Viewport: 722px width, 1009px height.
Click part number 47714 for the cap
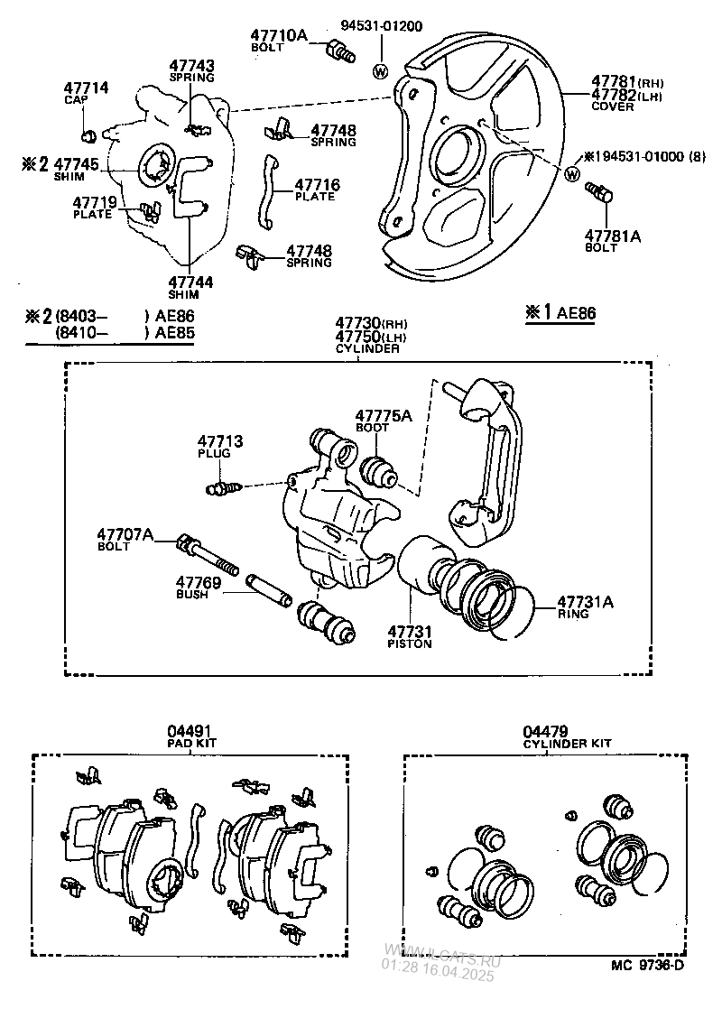(x=86, y=88)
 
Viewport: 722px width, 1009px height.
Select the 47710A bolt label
(x=279, y=35)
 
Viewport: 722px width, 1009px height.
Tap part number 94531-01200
(x=381, y=26)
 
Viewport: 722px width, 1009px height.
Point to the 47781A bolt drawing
(x=598, y=194)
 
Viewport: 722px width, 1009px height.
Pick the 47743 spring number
(x=192, y=66)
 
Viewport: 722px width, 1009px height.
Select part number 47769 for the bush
(x=198, y=582)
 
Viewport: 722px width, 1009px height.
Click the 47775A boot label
(x=383, y=416)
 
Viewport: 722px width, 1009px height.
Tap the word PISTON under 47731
(x=410, y=644)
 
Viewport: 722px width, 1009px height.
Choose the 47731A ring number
(x=583, y=601)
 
